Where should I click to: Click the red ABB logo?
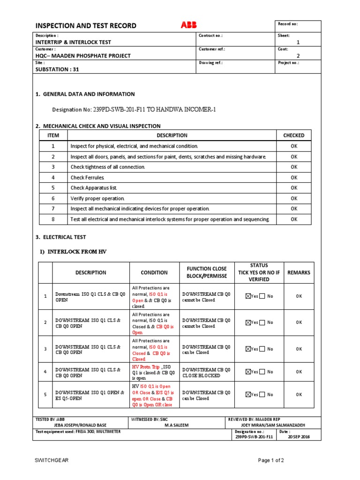tap(189, 25)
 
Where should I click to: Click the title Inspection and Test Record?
tap(86, 26)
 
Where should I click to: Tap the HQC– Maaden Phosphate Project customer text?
tap(83, 55)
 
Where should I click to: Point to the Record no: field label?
tap(288, 24)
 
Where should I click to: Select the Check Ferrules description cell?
tap(88, 177)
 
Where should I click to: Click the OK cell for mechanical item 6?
tap(294, 198)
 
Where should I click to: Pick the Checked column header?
tap(294, 135)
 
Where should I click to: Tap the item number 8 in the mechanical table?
tap(53, 219)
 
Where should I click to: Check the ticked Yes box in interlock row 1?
tap(248, 296)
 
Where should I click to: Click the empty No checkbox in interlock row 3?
tap(262, 349)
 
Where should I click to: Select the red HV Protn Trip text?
tap(146, 367)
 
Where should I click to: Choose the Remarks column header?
tap(299, 272)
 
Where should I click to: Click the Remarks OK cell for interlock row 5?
tap(299, 395)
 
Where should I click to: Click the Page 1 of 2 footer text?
tap(271, 460)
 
